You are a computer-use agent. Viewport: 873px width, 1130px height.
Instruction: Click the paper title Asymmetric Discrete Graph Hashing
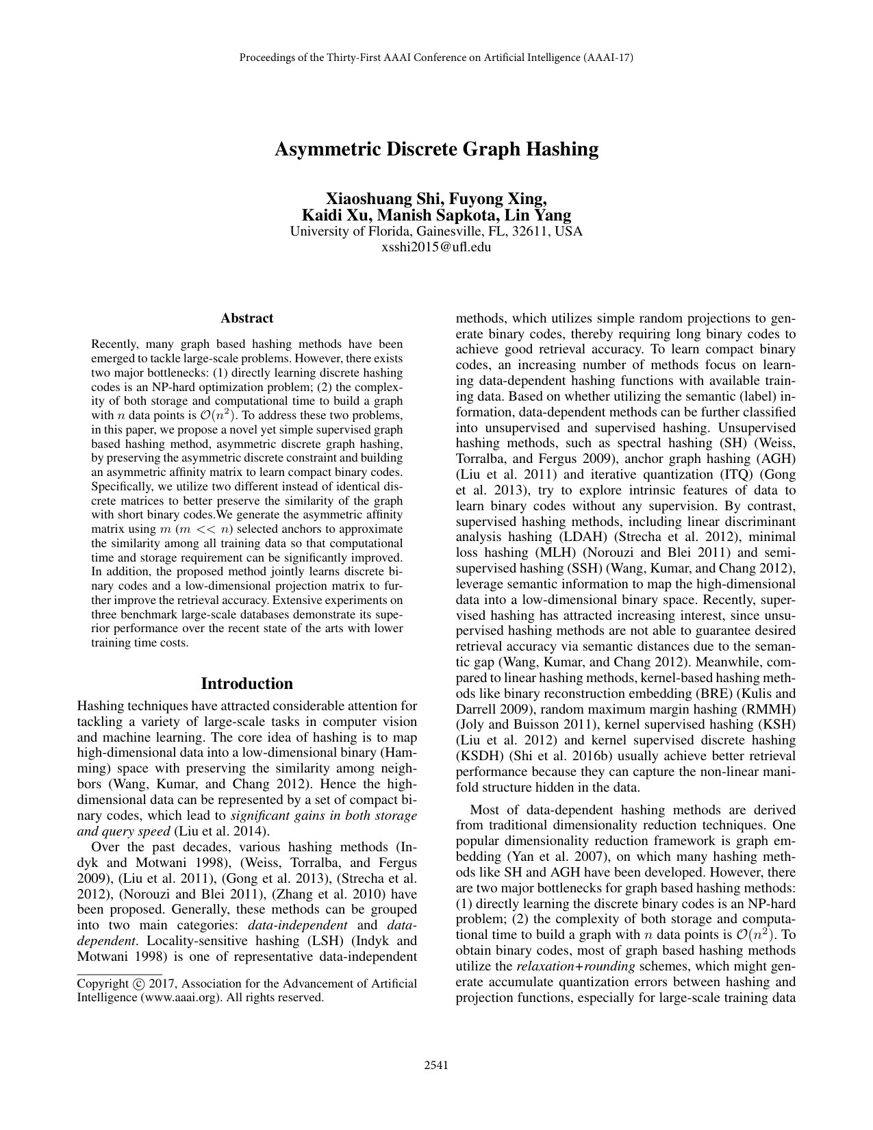tap(436, 149)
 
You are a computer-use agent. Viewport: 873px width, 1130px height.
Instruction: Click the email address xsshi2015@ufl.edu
tap(436, 247)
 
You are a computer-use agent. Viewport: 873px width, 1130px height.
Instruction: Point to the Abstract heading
tap(246, 318)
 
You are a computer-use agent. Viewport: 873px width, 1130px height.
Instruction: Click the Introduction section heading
tap(246, 683)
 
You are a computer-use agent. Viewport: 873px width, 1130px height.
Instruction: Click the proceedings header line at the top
tap(436, 58)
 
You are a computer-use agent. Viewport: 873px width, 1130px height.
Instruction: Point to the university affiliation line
tap(436, 231)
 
